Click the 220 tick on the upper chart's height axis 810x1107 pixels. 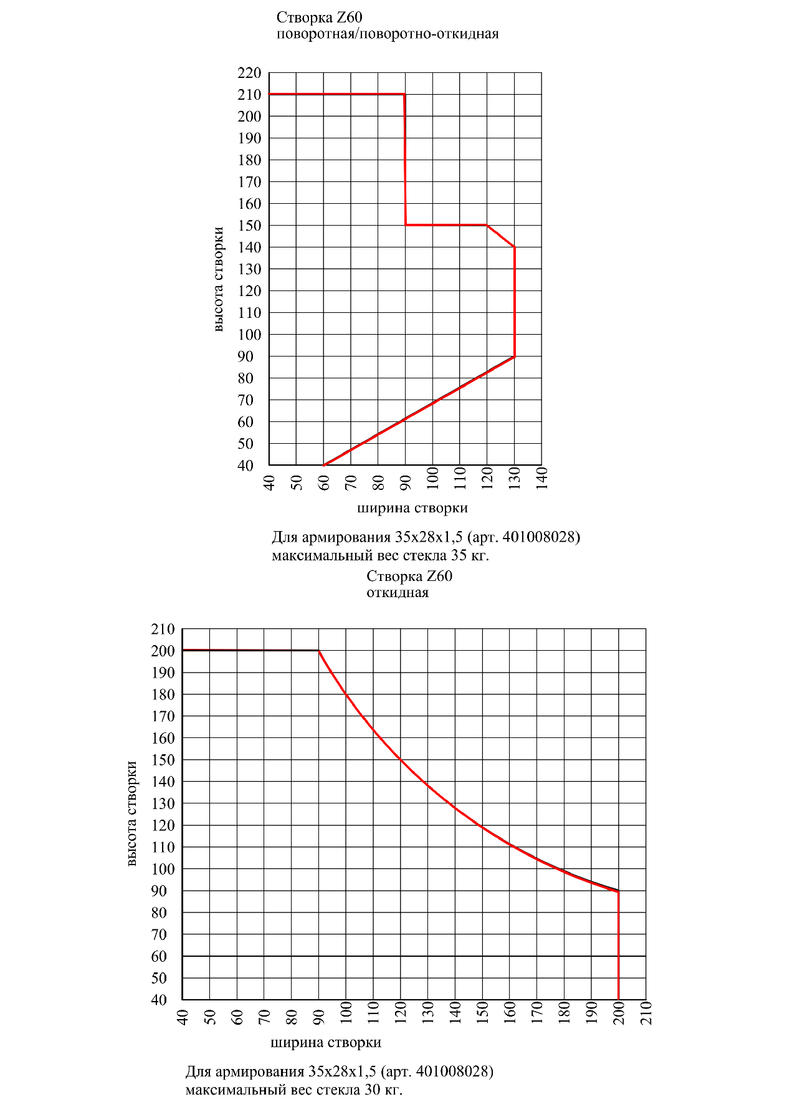click(x=249, y=73)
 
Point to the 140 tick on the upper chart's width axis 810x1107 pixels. click(x=542, y=478)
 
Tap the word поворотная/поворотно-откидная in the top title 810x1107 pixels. click(x=388, y=34)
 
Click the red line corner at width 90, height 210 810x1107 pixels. click(x=405, y=94)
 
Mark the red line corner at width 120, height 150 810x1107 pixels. click(x=487, y=225)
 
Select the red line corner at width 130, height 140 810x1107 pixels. click(x=514, y=247)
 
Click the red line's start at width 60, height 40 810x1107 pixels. click(x=323, y=465)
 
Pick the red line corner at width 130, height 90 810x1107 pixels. click(x=514, y=357)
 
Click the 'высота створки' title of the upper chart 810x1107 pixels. click(x=217, y=279)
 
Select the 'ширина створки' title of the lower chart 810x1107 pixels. click(x=326, y=1042)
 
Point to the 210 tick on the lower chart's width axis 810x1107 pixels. click(x=646, y=1014)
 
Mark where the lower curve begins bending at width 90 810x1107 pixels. click(x=319, y=651)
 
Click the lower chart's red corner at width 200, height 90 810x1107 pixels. click(x=618, y=891)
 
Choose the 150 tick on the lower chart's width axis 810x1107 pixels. click(x=482, y=1014)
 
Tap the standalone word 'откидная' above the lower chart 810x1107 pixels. click(x=398, y=592)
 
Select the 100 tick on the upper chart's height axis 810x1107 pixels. click(x=249, y=335)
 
